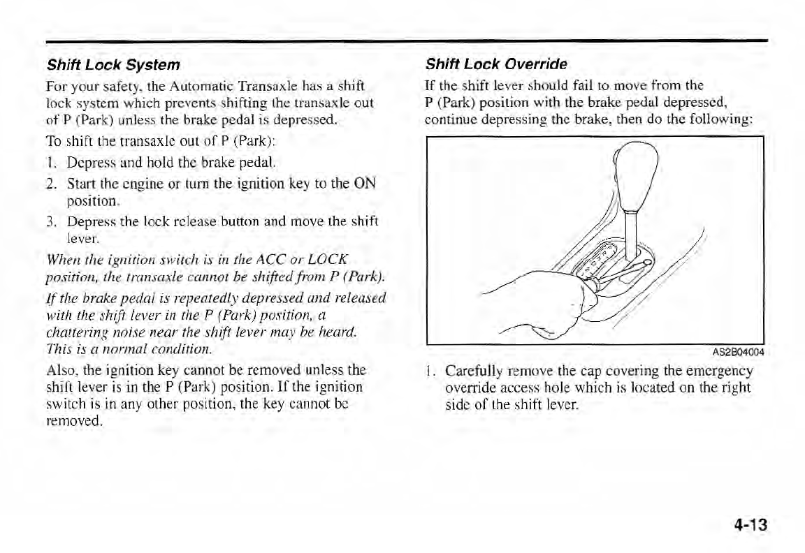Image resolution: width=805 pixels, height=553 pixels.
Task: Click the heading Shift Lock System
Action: coord(113,65)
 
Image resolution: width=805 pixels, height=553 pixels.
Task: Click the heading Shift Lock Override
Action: coord(496,64)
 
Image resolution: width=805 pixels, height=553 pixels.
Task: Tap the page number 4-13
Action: coord(750,524)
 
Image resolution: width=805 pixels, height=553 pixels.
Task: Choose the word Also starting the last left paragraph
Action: coord(59,369)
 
